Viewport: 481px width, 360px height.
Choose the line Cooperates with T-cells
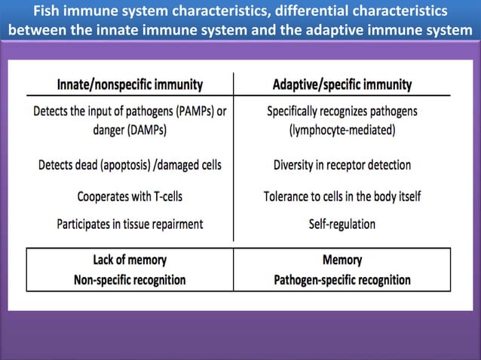coord(130,197)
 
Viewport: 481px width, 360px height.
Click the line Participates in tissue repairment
coord(130,224)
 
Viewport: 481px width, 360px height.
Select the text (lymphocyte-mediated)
coord(342,130)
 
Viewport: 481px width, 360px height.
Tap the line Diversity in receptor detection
coord(342,164)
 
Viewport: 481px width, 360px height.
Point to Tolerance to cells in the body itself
coord(342,197)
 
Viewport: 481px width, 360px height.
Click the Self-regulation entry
coord(342,224)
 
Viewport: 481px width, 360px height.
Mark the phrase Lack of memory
coord(130,261)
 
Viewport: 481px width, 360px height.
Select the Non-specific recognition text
coord(130,279)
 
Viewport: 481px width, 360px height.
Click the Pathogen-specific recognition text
coord(342,279)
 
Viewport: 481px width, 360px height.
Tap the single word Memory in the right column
coord(342,261)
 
